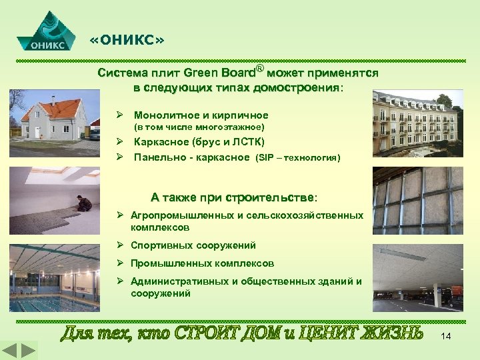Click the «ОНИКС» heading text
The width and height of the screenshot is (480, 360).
(x=127, y=41)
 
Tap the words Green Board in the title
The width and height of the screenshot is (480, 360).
(x=220, y=72)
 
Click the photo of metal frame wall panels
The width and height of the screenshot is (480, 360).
(x=417, y=198)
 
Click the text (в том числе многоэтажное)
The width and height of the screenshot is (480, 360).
(x=199, y=127)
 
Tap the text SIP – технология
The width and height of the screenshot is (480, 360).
(x=297, y=159)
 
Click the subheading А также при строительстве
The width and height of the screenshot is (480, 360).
(x=234, y=197)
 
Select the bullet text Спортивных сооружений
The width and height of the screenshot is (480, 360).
(x=193, y=245)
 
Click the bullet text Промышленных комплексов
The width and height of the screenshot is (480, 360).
(x=202, y=263)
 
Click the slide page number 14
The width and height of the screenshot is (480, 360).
(x=446, y=337)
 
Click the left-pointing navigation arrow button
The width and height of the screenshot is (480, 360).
(x=10, y=351)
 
